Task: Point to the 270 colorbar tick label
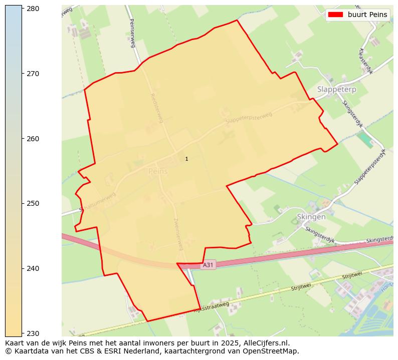click(x=34, y=74)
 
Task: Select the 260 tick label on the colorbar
click(x=34, y=139)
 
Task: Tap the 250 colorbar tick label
click(x=34, y=203)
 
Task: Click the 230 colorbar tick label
click(x=34, y=333)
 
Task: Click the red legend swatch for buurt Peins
click(x=335, y=15)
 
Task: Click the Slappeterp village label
click(x=336, y=89)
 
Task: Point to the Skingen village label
click(x=311, y=217)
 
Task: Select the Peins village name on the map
click(x=158, y=171)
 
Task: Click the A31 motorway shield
click(x=208, y=265)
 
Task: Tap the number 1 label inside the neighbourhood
click(x=186, y=159)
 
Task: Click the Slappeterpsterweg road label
click(x=249, y=118)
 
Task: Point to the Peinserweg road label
click(x=132, y=33)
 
